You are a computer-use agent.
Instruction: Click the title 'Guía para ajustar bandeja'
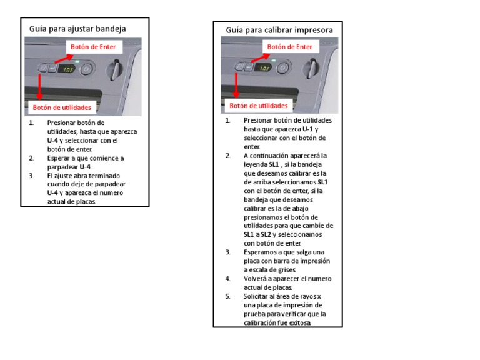[x=78, y=29]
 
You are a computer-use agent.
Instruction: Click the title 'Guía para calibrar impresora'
[x=279, y=29]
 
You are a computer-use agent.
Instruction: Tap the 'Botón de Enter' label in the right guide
[x=289, y=47]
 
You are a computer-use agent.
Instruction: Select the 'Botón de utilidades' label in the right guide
[x=259, y=106]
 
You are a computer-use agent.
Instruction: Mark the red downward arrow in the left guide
[x=40, y=84]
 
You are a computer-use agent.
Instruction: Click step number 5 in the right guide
[x=228, y=296]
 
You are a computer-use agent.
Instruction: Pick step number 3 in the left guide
[x=31, y=176]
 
